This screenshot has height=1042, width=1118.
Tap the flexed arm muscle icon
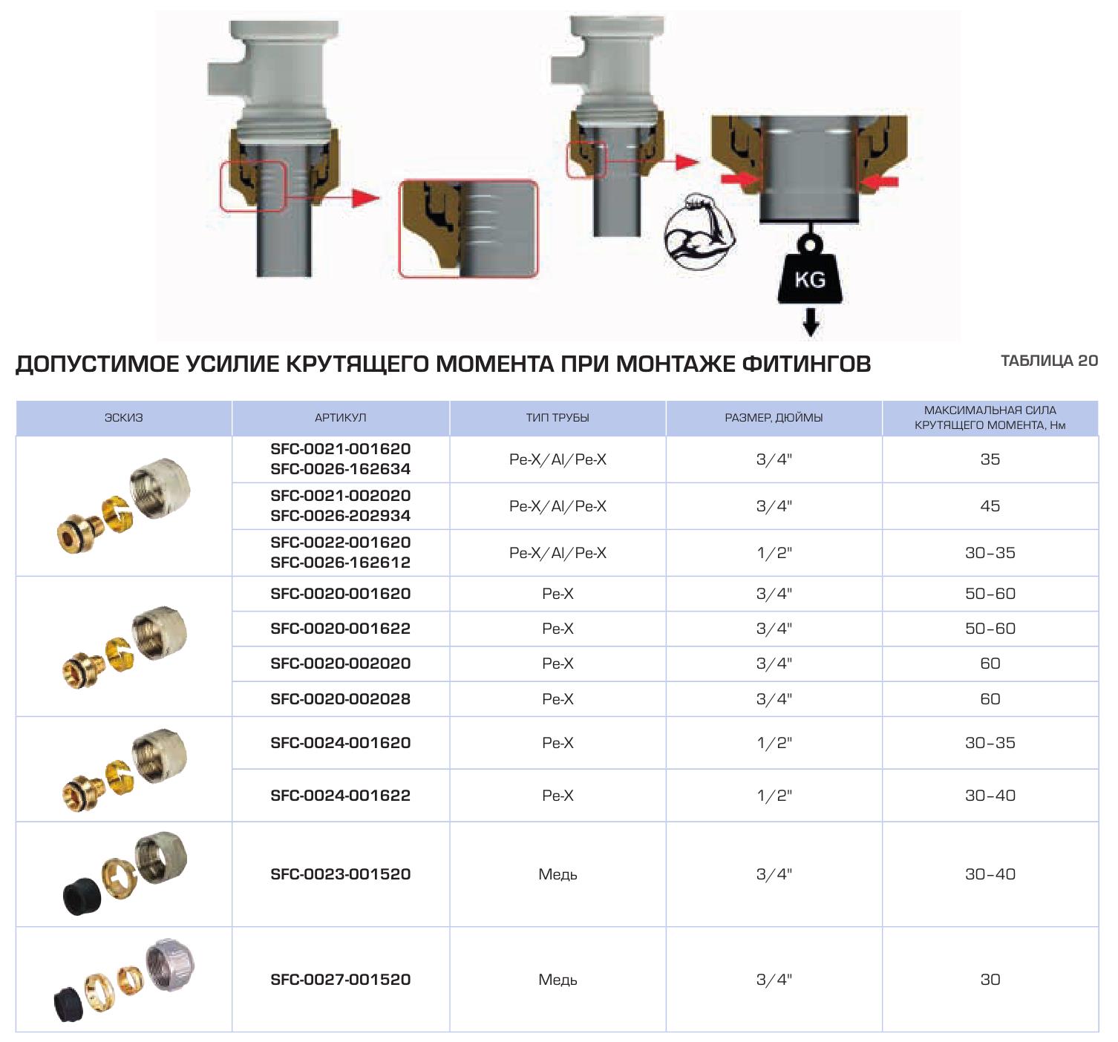pyautogui.click(x=699, y=232)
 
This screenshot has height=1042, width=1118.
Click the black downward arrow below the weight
pyautogui.click(x=811, y=321)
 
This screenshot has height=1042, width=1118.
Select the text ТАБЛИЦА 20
pyautogui.click(x=1049, y=361)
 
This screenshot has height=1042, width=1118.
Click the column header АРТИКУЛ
pyautogui.click(x=340, y=418)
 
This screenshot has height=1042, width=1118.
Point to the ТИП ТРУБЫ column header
pyautogui.click(x=558, y=418)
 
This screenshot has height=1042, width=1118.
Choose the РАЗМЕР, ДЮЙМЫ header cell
pyautogui.click(x=774, y=418)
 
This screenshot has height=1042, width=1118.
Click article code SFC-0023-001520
pyautogui.click(x=341, y=874)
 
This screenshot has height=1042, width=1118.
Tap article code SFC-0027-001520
pyautogui.click(x=341, y=980)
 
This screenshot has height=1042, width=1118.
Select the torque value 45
pyautogui.click(x=990, y=506)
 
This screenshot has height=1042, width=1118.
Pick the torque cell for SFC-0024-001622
pyautogui.click(x=990, y=796)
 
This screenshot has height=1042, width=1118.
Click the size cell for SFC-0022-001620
pyautogui.click(x=774, y=553)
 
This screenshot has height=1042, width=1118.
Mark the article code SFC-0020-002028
pyautogui.click(x=341, y=699)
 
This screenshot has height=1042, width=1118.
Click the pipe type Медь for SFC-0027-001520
pyautogui.click(x=558, y=980)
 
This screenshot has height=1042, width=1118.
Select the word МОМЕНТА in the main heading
pyautogui.click(x=495, y=364)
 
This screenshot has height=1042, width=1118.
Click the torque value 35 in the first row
pyautogui.click(x=990, y=459)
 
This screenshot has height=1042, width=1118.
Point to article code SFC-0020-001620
pyautogui.click(x=341, y=594)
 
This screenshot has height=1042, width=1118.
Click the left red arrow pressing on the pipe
pyautogui.click(x=739, y=180)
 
